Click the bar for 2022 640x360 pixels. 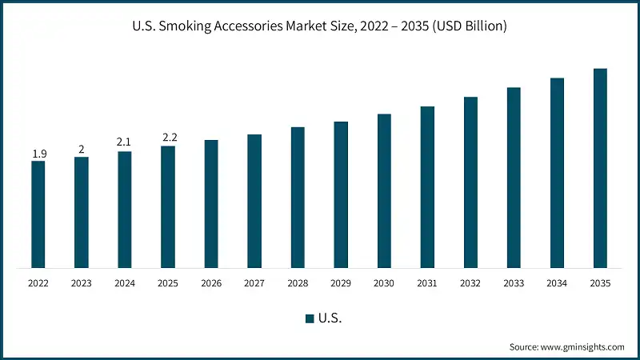coord(38,214)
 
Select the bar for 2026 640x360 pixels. coord(211,204)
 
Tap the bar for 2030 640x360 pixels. coord(384,190)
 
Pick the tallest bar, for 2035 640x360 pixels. coord(600,168)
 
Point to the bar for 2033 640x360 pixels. coord(514,178)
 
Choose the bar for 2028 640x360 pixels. coord(298,197)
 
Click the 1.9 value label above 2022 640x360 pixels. coord(38,153)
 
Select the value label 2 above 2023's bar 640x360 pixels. coord(82,149)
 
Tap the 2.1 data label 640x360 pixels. coord(124,142)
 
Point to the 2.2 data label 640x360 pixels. coord(169,138)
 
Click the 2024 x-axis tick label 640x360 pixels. coord(125,283)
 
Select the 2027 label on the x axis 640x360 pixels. coord(254,283)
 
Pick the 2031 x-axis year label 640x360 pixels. coord(427,283)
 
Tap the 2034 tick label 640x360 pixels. coord(557,283)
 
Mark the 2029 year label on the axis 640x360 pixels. coord(341,283)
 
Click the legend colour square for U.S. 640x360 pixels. coord(309,318)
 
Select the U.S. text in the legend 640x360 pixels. coord(330,318)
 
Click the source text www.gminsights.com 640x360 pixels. coord(582,347)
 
